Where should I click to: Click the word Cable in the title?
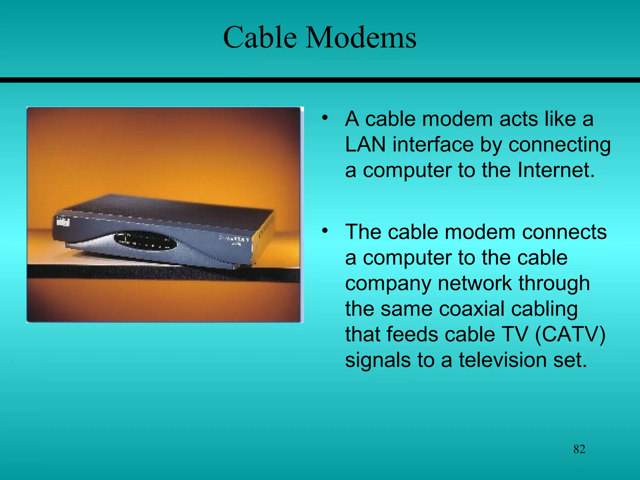pyautogui.click(x=260, y=37)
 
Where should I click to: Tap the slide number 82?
pyautogui.click(x=579, y=449)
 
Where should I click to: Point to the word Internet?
pyautogui.click(x=556, y=170)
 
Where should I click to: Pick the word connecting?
pyautogui.click(x=559, y=145)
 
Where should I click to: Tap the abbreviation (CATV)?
pyautogui.click(x=570, y=334)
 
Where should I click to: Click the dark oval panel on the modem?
pyautogui.click(x=145, y=241)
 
